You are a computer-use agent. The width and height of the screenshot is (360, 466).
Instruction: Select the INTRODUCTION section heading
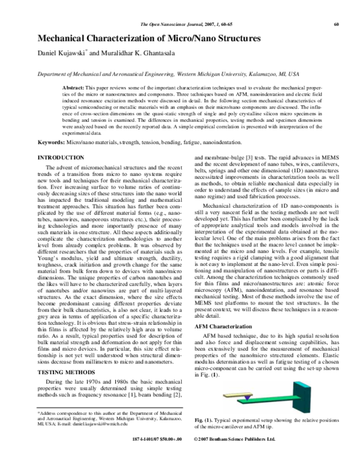61,157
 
